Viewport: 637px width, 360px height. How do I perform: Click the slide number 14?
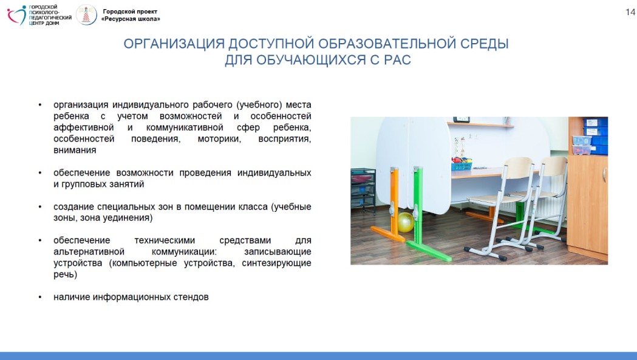[630, 12]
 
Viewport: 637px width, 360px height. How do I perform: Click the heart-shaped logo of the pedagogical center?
[16, 15]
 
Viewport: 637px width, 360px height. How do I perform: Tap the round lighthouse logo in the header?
[86, 15]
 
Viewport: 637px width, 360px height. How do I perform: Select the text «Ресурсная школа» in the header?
[131, 19]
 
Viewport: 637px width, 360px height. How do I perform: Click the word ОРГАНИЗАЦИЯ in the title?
[174, 44]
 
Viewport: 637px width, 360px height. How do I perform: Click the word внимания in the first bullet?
[75, 150]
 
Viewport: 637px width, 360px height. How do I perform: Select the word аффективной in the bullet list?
[84, 127]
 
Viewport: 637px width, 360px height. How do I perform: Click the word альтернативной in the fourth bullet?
[89, 251]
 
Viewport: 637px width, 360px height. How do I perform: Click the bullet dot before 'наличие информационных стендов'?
[40, 297]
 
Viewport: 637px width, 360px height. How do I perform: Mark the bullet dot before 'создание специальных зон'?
[40, 207]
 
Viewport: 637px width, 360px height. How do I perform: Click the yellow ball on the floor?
[406, 222]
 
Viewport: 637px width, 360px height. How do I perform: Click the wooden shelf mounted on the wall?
[480, 124]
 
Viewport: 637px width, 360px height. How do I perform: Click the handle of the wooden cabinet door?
[604, 175]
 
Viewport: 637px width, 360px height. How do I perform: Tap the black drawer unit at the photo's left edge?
[363, 190]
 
